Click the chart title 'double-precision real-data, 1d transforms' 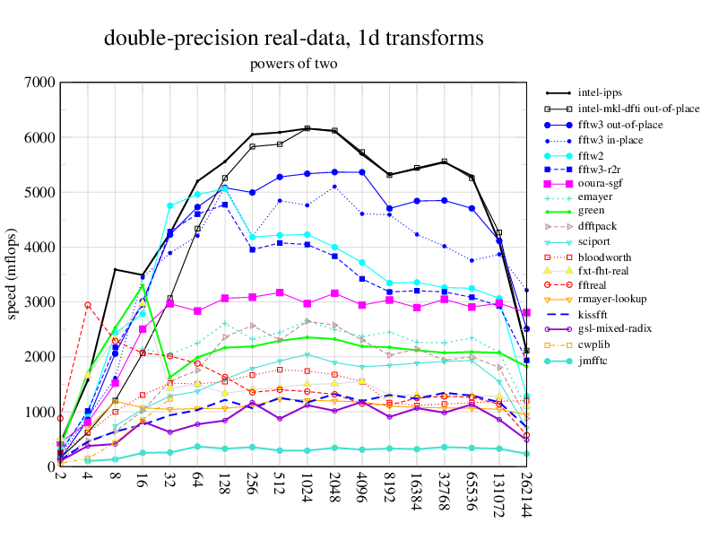(x=293, y=39)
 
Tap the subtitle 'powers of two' (x=293, y=64)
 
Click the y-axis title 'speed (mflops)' (x=13, y=274)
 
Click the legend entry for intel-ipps (x=600, y=91)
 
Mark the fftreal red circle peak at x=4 (x=88, y=305)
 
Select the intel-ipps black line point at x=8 (x=115, y=269)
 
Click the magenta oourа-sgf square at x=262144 (x=526, y=312)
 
